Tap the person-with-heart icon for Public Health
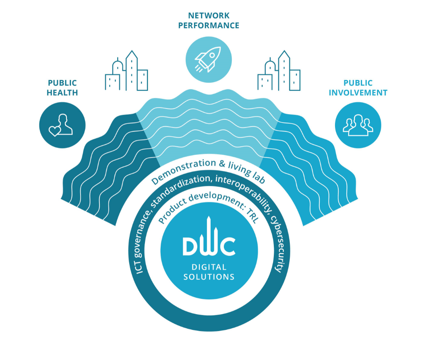(x=62, y=125)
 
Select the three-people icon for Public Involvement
(x=358, y=125)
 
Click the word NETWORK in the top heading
(x=209, y=16)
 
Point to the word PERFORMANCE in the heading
(x=209, y=26)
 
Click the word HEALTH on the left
(x=62, y=93)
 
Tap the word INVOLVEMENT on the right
(x=358, y=93)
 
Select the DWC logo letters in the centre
(x=209, y=245)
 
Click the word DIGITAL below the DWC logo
(x=209, y=267)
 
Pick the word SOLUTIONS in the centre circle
(x=209, y=277)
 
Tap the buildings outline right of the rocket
(x=279, y=71)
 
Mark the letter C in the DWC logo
(x=228, y=247)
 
